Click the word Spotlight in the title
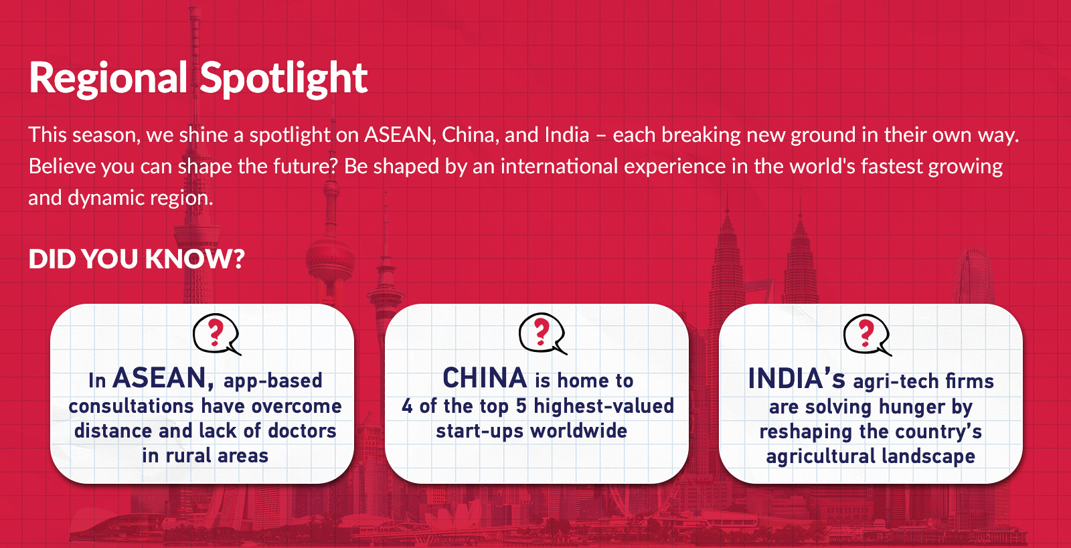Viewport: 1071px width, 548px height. pyautogui.click(x=284, y=80)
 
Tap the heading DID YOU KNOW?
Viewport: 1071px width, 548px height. pyautogui.click(x=137, y=258)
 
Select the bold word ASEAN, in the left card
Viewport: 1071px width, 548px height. pyautogui.click(x=163, y=379)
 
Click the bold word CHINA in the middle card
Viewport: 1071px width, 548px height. pyautogui.click(x=485, y=378)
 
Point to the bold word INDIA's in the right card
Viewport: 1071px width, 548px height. pyautogui.click(x=797, y=379)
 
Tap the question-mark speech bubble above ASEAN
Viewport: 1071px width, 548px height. pyautogui.click(x=216, y=335)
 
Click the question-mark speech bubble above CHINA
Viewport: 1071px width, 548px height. pyautogui.click(x=542, y=334)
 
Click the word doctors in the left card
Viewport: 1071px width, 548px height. pyautogui.click(x=302, y=431)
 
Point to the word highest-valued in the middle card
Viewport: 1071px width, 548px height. pyautogui.click(x=603, y=406)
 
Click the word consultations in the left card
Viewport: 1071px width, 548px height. pyautogui.click(x=131, y=407)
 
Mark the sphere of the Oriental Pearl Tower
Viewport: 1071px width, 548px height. pyautogui.click(x=330, y=261)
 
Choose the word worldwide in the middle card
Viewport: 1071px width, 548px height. pyautogui.click(x=579, y=431)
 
